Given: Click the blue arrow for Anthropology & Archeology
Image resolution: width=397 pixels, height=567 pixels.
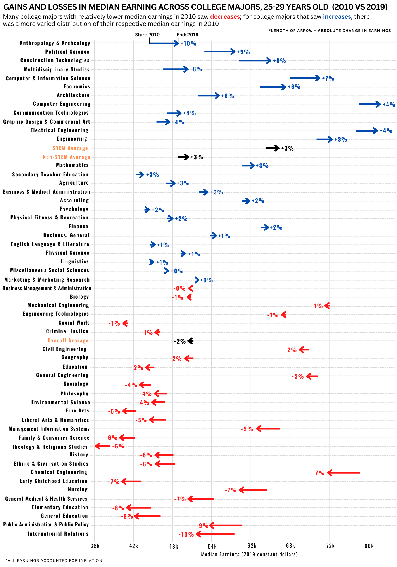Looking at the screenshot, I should pyautogui.click(x=164, y=43).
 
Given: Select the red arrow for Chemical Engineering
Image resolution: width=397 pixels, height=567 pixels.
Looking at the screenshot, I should pyautogui.click(x=343, y=473).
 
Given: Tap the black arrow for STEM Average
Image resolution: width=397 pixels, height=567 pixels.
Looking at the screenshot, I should pyautogui.click(x=273, y=148).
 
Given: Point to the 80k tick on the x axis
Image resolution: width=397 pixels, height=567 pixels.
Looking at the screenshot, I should pyautogui.click(x=369, y=546).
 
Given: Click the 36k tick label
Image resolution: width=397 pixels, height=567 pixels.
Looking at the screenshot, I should pyautogui.click(x=95, y=546).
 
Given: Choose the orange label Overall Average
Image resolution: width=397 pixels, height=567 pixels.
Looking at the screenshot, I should pyautogui.click(x=68, y=340).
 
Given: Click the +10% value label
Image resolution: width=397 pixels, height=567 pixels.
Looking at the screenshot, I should pyautogui.click(x=189, y=43).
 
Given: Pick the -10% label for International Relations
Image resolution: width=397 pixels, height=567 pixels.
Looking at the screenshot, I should pyautogui.click(x=186, y=534).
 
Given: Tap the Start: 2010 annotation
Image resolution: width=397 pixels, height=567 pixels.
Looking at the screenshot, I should pyautogui.click(x=147, y=35).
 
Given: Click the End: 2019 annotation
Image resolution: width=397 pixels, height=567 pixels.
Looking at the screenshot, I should pyautogui.click(x=187, y=35).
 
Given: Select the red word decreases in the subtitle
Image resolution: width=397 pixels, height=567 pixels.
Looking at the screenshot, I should pyautogui.click(x=225, y=17).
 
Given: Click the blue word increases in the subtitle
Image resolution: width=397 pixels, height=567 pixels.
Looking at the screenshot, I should pyautogui.click(x=337, y=17).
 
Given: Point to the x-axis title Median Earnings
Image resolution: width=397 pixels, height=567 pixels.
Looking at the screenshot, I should pyautogui.click(x=249, y=554).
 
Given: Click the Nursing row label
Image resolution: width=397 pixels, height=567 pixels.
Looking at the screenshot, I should pyautogui.click(x=78, y=489).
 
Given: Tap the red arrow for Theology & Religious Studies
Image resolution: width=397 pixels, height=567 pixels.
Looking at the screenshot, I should pyautogui.click(x=103, y=446).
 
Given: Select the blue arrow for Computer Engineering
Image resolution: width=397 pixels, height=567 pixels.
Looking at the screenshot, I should pyautogui.click(x=369, y=104).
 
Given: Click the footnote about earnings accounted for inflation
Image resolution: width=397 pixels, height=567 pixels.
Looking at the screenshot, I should pyautogui.click(x=54, y=560).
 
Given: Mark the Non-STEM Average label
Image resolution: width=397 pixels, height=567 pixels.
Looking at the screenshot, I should pyautogui.click(x=66, y=157).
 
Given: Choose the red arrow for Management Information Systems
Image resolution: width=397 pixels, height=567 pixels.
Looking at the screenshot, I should pyautogui.click(x=268, y=428).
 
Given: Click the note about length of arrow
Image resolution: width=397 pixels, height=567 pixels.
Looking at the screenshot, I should pyautogui.click(x=330, y=31).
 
